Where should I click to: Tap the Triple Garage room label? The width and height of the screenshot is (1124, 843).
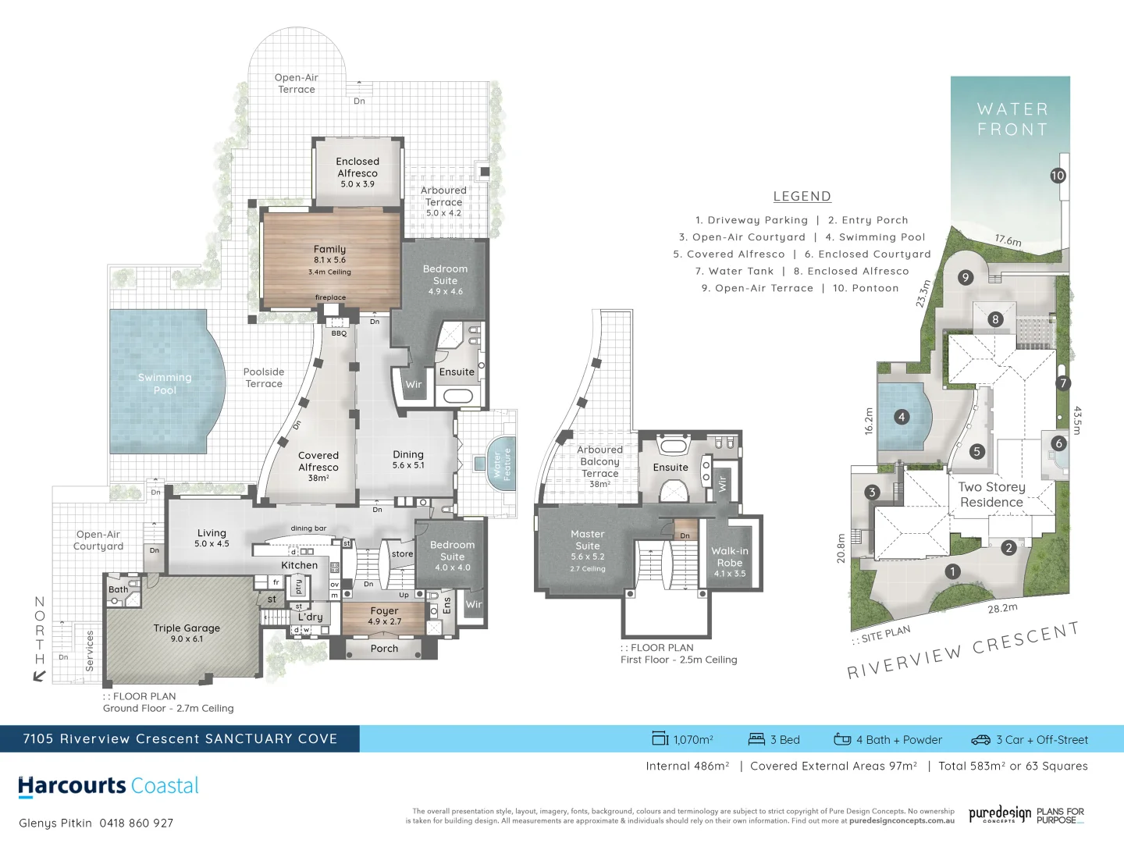pyautogui.click(x=187, y=628)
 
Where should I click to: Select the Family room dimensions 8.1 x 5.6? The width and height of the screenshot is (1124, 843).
pyautogui.click(x=329, y=260)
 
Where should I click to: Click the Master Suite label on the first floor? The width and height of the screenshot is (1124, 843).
pyautogui.click(x=588, y=540)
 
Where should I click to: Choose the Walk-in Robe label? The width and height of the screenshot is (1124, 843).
pyautogui.click(x=730, y=557)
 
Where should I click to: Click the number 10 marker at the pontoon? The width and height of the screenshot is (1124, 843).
pyautogui.click(x=1058, y=176)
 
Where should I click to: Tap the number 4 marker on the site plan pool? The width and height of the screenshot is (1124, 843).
pyautogui.click(x=902, y=417)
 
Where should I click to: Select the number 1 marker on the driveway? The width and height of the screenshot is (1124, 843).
pyautogui.click(x=952, y=571)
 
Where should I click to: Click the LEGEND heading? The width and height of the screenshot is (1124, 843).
pyautogui.click(x=802, y=197)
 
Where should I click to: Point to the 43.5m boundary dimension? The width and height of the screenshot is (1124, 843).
pyautogui.click(x=1078, y=420)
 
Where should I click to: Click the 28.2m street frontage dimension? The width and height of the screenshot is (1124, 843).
pyautogui.click(x=1002, y=608)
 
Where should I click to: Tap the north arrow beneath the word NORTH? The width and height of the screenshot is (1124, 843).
pyautogui.click(x=39, y=676)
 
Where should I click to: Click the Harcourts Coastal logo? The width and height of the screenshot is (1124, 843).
pyautogui.click(x=108, y=786)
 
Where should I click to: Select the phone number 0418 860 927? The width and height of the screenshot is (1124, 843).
pyautogui.click(x=137, y=823)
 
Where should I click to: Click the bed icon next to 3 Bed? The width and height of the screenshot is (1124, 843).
pyautogui.click(x=756, y=739)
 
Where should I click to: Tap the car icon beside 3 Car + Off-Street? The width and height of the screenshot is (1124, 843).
pyautogui.click(x=980, y=739)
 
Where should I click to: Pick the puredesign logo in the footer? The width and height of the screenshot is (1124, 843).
pyautogui.click(x=1000, y=815)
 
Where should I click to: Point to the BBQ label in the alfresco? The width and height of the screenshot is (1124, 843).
pyautogui.click(x=339, y=333)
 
